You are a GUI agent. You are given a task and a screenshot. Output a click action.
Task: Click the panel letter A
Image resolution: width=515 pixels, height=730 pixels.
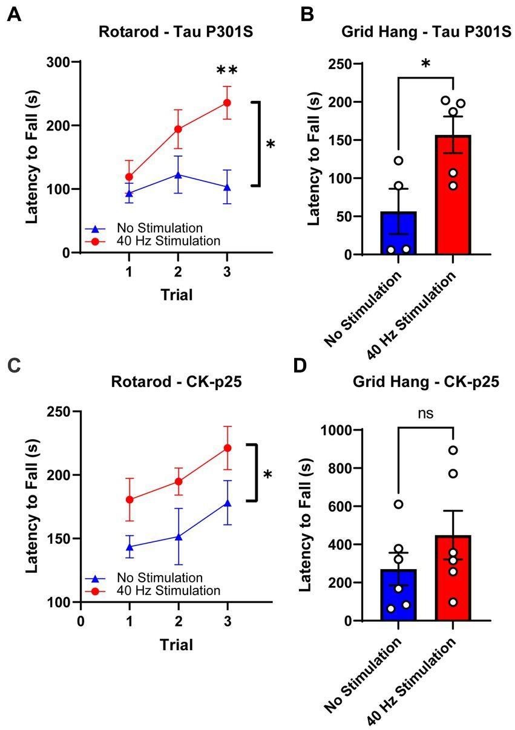pyautogui.click(x=14, y=15)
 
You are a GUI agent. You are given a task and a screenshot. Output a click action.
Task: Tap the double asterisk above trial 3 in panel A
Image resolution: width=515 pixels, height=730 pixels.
pyautogui.click(x=227, y=71)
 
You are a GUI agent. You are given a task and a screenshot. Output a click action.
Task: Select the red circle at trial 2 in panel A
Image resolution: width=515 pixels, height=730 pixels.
pyautogui.click(x=178, y=129)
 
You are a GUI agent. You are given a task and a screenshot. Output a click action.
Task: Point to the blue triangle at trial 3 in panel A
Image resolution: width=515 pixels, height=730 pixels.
pyautogui.click(x=227, y=187)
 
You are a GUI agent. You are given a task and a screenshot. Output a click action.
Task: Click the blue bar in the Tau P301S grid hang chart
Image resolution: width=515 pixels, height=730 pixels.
pyautogui.click(x=399, y=233)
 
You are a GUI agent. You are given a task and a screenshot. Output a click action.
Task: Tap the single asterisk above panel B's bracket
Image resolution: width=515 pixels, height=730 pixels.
pyautogui.click(x=426, y=65)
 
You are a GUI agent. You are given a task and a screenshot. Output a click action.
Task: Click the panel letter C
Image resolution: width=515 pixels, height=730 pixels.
pyautogui.click(x=14, y=365)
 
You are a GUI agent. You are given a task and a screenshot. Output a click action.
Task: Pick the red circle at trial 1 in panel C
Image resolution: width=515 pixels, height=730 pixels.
pyautogui.click(x=128, y=500)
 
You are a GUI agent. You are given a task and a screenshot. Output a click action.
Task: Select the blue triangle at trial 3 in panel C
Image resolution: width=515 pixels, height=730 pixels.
pyautogui.click(x=227, y=503)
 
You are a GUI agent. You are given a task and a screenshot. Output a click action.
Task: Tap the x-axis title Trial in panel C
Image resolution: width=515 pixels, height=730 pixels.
pyautogui.click(x=177, y=645)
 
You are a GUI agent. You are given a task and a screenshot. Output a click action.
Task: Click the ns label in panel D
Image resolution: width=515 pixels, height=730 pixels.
pyautogui.click(x=426, y=412)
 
